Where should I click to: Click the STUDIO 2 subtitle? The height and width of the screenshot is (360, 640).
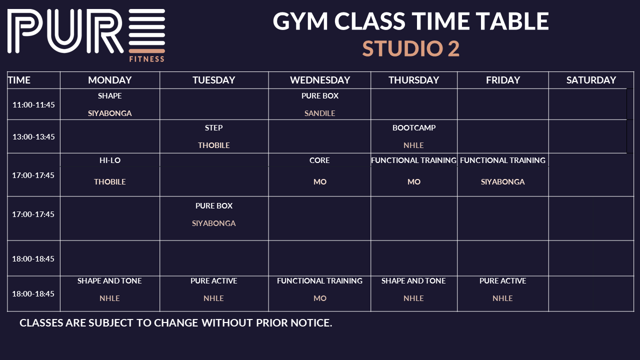pyautogui.click(x=411, y=48)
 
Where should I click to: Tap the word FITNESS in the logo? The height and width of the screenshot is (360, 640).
pyautogui.click(x=147, y=59)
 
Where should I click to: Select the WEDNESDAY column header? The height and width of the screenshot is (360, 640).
pyautogui.click(x=320, y=80)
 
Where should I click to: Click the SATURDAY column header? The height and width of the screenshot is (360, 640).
pyautogui.click(x=591, y=80)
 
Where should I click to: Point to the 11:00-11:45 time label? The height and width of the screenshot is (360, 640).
pyautogui.click(x=33, y=105)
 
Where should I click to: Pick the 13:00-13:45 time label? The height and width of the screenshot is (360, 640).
pyautogui.click(x=33, y=137)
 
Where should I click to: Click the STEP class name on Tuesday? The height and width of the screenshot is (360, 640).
pyautogui.click(x=213, y=127)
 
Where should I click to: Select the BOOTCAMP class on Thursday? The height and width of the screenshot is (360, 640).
pyautogui.click(x=414, y=127)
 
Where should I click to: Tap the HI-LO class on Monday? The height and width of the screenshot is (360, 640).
pyautogui.click(x=110, y=160)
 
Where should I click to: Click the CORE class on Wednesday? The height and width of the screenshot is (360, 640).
pyautogui.click(x=319, y=160)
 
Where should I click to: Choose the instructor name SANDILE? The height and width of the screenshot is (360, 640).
pyautogui.click(x=319, y=113)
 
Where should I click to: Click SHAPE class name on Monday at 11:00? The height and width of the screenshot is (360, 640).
pyautogui.click(x=110, y=95)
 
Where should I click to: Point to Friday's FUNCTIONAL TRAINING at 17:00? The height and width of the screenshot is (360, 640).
pyautogui.click(x=502, y=160)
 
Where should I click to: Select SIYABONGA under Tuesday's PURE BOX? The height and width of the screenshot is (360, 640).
pyautogui.click(x=213, y=223)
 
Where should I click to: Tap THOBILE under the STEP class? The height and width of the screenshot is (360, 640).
pyautogui.click(x=213, y=145)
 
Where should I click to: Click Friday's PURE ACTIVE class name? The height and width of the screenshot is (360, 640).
pyautogui.click(x=502, y=281)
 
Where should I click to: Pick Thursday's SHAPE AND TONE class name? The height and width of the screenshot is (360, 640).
pyautogui.click(x=413, y=281)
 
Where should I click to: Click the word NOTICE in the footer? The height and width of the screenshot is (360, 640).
pyautogui.click(x=311, y=323)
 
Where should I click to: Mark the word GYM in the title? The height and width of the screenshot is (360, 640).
pyautogui.click(x=300, y=21)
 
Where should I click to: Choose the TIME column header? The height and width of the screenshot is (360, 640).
pyautogui.click(x=19, y=80)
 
